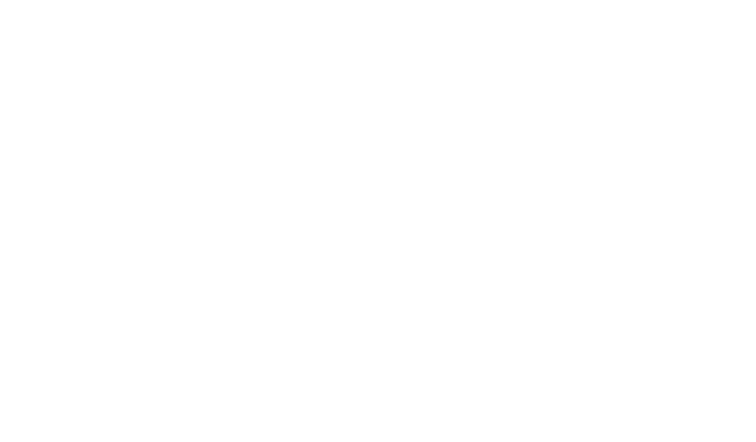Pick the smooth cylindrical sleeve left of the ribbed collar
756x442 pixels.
(x=269, y=218)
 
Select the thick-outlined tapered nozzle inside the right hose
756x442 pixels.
(x=612, y=221)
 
